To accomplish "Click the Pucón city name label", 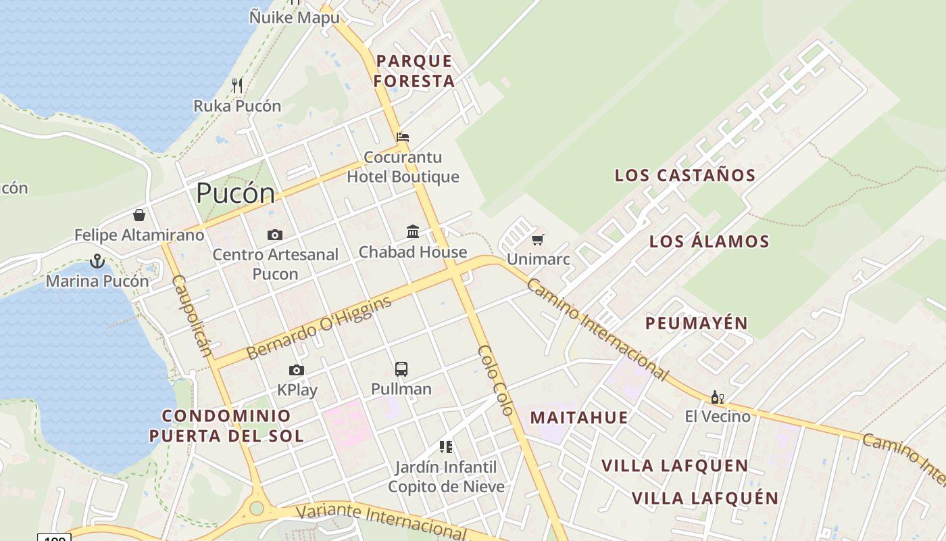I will pyautogui.click(x=236, y=193).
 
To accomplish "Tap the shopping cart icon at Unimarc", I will pyautogui.click(x=538, y=239).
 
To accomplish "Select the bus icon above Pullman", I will pyautogui.click(x=401, y=369).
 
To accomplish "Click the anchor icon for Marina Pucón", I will pyautogui.click(x=98, y=261).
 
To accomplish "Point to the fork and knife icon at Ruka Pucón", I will pyautogui.click(x=237, y=86).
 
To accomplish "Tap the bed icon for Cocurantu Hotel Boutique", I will pyautogui.click(x=403, y=137).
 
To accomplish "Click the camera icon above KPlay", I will pyautogui.click(x=297, y=370).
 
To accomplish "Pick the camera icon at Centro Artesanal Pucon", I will pyautogui.click(x=275, y=235).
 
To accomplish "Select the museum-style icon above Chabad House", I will pyautogui.click(x=413, y=232).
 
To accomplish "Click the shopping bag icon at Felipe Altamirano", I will pyautogui.click(x=139, y=215).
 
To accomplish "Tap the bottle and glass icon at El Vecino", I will pyautogui.click(x=717, y=397).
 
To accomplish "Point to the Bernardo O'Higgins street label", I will pyautogui.click(x=319, y=329).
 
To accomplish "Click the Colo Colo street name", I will pyautogui.click(x=495, y=379).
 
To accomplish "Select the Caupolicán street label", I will pyautogui.click(x=192, y=315).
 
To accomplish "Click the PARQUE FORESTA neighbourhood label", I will pyautogui.click(x=414, y=71).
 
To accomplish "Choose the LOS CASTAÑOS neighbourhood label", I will pyautogui.click(x=684, y=175).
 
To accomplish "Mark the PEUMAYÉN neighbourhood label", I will pyautogui.click(x=697, y=323).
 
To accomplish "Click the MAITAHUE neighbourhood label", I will pyautogui.click(x=579, y=417).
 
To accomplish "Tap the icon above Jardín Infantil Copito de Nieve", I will pyautogui.click(x=446, y=447).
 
